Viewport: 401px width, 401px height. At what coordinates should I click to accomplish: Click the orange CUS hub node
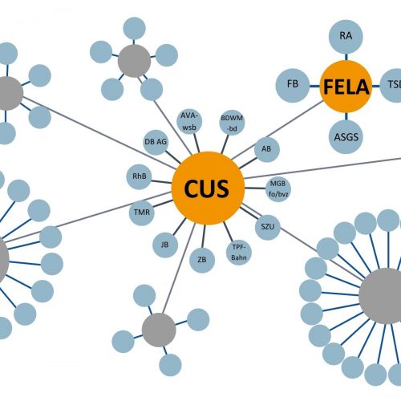208,188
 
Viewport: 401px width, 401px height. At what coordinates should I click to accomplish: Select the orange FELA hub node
346,87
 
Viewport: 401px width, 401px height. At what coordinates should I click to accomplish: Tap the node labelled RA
346,36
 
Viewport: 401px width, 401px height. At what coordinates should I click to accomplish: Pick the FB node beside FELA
293,86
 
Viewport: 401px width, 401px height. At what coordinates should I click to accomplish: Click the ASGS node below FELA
346,137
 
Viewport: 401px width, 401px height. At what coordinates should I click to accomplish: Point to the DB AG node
156,142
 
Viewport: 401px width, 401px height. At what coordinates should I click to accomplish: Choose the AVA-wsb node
189,121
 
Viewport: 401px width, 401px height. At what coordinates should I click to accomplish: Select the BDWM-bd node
232,123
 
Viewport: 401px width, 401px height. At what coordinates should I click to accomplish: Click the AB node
266,149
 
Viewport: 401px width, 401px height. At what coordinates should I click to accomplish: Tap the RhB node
139,176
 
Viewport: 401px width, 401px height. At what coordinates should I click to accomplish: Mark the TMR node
142,213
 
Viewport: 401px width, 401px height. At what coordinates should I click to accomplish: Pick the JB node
165,245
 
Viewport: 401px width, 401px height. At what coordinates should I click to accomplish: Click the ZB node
202,260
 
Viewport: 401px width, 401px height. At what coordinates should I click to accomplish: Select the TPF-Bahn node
239,252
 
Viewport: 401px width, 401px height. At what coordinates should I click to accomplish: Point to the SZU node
268,227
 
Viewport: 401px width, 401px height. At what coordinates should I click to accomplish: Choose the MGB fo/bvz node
278,189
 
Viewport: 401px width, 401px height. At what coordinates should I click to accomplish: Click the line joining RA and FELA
346,57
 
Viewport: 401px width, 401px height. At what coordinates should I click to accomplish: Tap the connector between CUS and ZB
204,236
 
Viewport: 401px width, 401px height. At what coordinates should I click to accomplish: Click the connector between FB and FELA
315,86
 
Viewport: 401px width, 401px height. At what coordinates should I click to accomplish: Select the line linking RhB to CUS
161,181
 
